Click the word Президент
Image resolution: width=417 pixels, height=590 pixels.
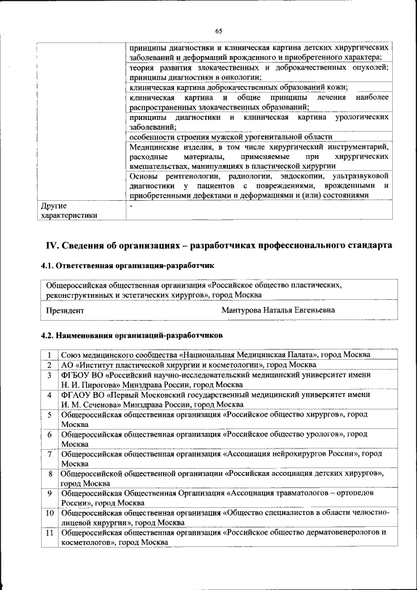pos(65,310)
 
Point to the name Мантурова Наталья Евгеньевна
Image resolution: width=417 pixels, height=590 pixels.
pos(278,310)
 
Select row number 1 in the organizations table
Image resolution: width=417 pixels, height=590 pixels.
pos(50,355)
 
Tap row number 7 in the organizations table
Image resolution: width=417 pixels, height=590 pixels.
pos(50,453)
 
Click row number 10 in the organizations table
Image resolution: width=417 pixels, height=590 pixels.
pos(50,512)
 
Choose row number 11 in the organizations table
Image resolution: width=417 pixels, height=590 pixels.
pos(50,532)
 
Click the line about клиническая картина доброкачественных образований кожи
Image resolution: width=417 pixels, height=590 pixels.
pos(238,87)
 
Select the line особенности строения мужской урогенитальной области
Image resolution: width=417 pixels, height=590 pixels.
pos(231,137)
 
